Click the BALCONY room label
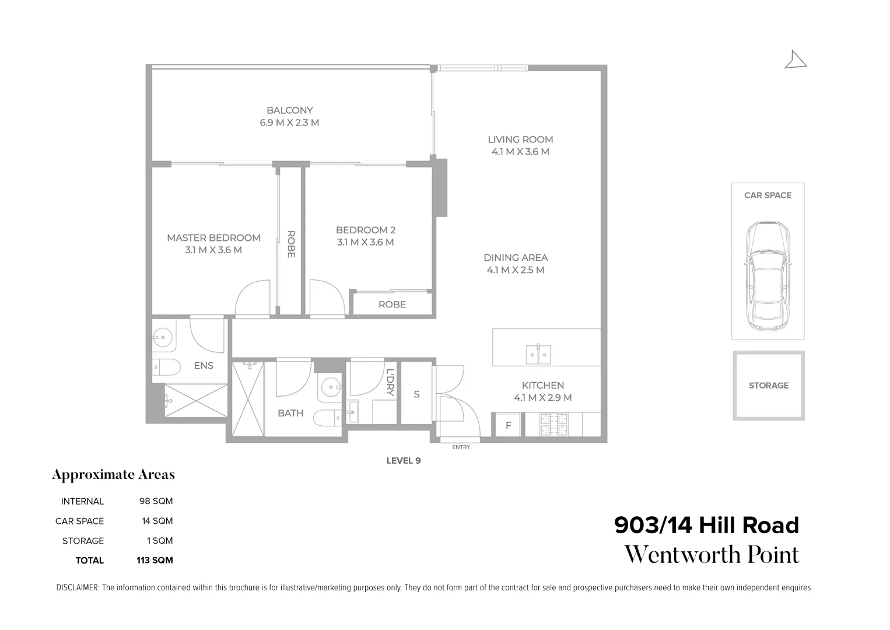(289, 110)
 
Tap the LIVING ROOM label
(520, 139)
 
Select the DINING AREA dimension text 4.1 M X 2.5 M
(516, 270)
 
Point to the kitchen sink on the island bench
(538, 354)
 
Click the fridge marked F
(508, 425)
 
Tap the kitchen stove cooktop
(553, 425)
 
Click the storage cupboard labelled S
(416, 394)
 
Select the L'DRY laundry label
(390, 383)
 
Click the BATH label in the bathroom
(290, 413)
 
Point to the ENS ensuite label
(204, 366)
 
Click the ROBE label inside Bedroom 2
(392, 304)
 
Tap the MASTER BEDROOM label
(213, 238)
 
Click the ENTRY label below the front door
(461, 447)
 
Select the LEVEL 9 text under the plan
(404, 460)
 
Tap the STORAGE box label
(769, 386)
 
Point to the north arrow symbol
(795, 60)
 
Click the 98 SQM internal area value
(156, 501)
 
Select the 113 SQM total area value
(155, 560)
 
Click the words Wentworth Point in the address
(712, 555)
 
